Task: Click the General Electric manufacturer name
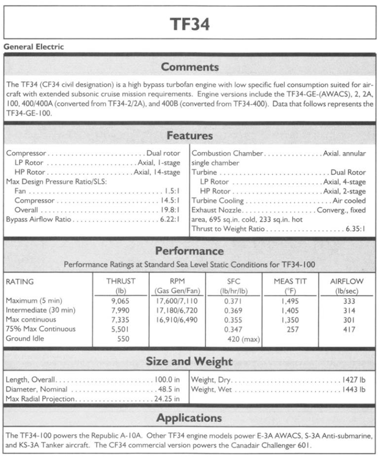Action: (x=34, y=46)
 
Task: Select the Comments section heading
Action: (x=190, y=67)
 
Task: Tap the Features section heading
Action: (x=190, y=135)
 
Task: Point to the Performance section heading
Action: (x=190, y=251)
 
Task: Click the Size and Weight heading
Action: (x=190, y=361)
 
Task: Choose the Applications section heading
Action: (x=190, y=418)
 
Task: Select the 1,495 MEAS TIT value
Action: (x=290, y=301)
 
